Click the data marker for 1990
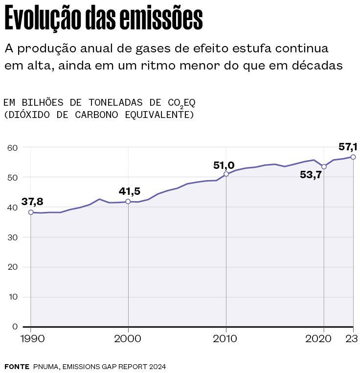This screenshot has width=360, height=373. [31, 212]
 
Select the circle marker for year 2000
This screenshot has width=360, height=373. [128, 202]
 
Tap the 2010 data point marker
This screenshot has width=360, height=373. [226, 174]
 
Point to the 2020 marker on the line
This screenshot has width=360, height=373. [324, 167]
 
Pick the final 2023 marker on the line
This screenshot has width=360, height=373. [353, 157]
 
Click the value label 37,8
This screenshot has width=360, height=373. [32, 202]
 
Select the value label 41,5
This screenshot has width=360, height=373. [130, 191]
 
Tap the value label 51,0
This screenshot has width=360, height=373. [224, 165]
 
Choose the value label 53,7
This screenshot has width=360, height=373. [311, 174]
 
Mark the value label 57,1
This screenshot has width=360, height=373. [348, 146]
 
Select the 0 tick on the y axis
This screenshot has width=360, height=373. [15, 326]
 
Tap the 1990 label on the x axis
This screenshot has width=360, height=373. [30, 339]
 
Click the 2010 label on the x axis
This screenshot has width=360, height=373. [226, 339]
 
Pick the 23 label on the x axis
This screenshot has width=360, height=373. [353, 339]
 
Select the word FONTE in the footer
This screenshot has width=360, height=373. [17, 366]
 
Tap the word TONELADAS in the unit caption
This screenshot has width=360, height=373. [115, 102]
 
